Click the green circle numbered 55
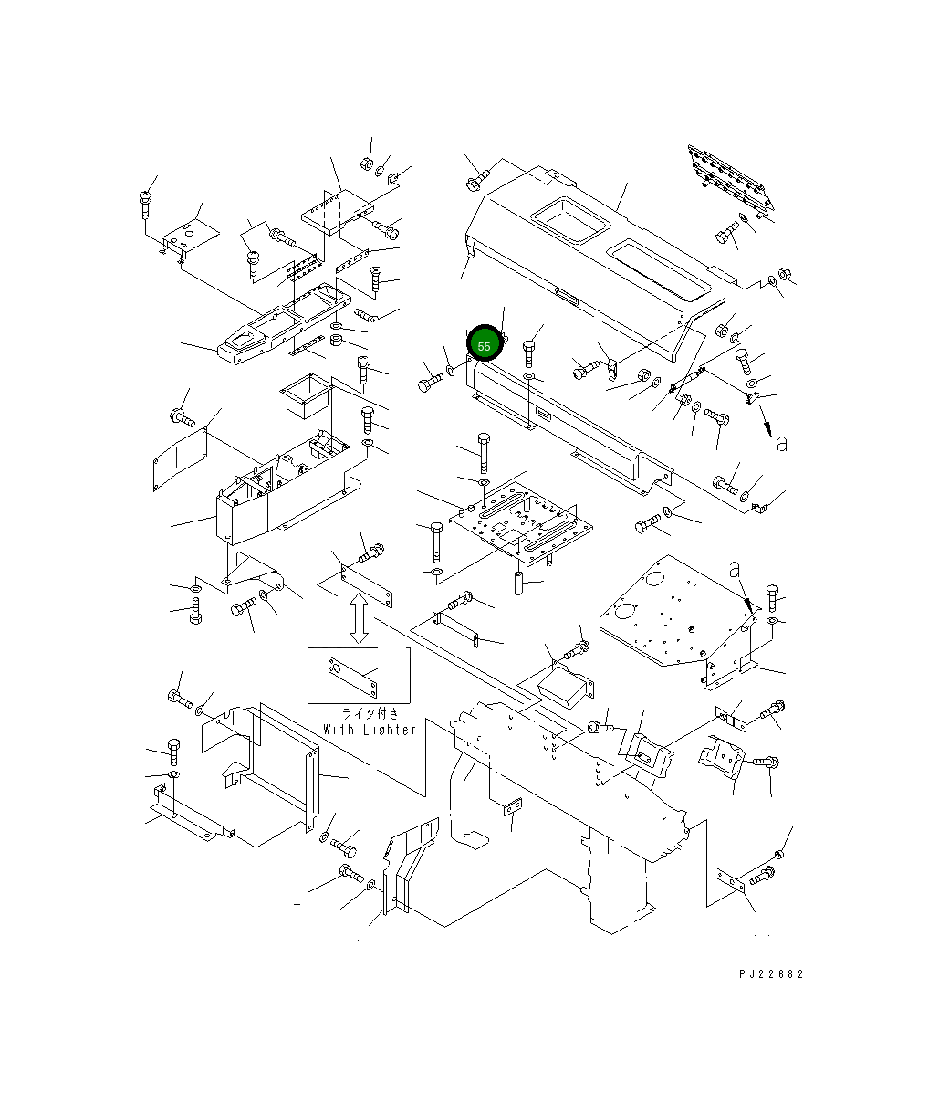tap(484, 342)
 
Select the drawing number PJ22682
tap(771, 974)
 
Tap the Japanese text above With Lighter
tap(370, 713)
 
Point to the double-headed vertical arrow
tap(359, 619)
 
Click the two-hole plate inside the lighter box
tap(352, 677)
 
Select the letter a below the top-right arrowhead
tap(782, 444)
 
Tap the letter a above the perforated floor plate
tap(735, 570)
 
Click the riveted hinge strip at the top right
tap(731, 178)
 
